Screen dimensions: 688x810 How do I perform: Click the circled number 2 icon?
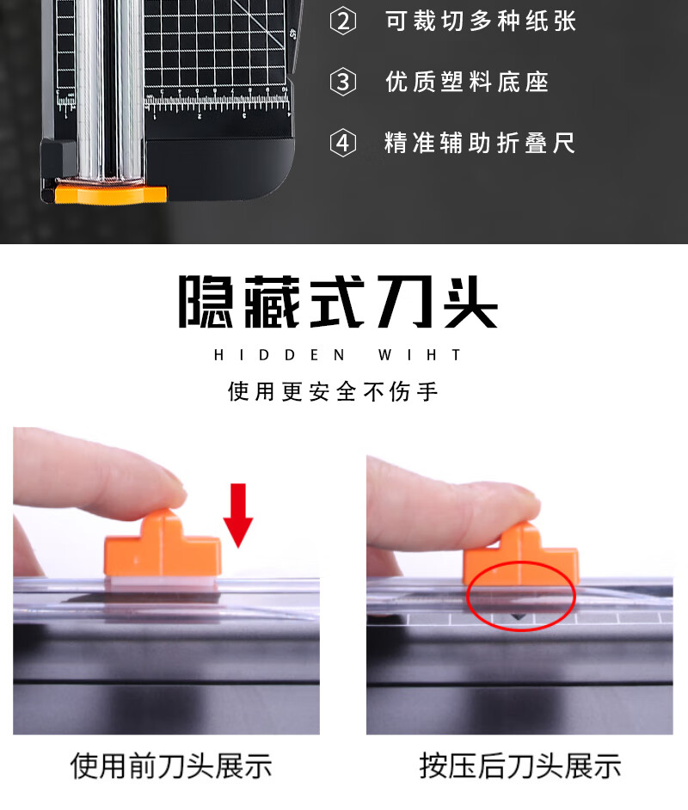(343, 21)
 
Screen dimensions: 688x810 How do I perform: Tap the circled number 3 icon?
(343, 83)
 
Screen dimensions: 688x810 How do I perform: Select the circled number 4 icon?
(343, 143)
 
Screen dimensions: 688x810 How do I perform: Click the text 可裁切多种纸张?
(481, 21)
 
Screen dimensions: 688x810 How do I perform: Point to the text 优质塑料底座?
(467, 83)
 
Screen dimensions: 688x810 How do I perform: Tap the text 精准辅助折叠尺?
(479, 143)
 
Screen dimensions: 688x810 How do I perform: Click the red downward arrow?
(238, 515)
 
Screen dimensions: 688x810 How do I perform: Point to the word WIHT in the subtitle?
(419, 355)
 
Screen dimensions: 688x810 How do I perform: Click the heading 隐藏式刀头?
(338, 302)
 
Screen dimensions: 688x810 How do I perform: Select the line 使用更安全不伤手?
(333, 391)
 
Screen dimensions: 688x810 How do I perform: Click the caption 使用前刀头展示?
(171, 765)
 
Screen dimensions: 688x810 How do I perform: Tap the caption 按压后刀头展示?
(520, 765)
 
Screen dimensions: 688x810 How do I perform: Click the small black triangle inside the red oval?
(518, 617)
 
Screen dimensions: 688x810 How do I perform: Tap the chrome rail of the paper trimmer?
(109, 90)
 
